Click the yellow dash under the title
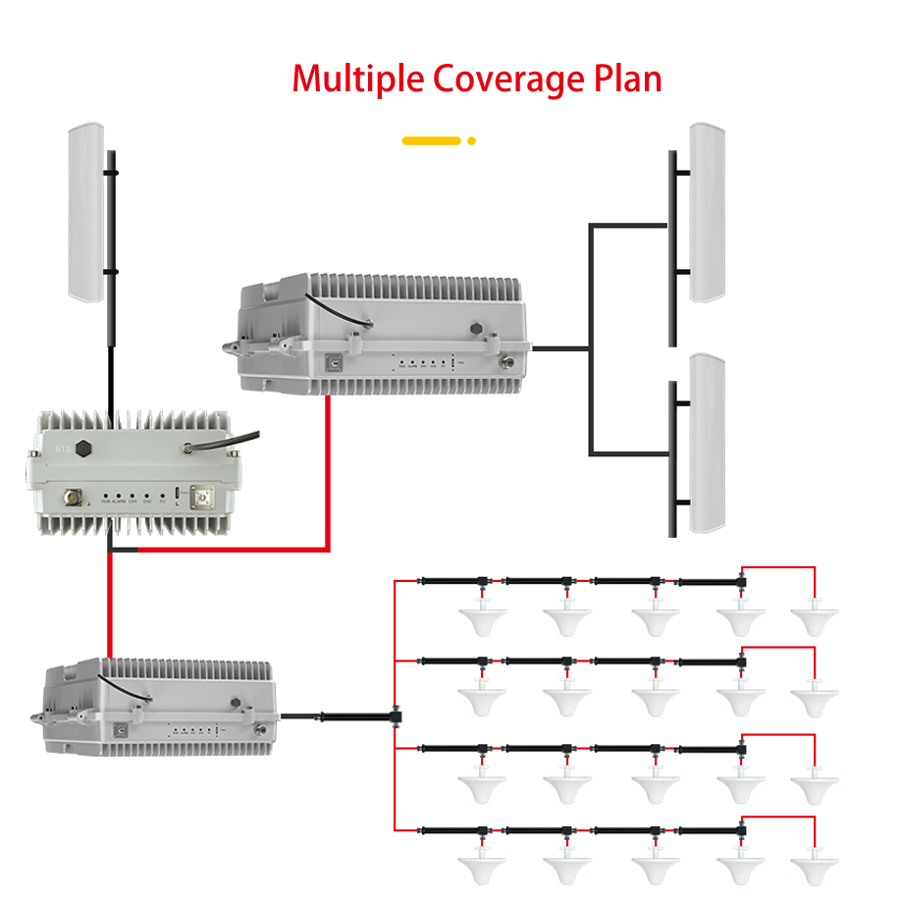tap(431, 140)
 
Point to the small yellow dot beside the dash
tap(471, 140)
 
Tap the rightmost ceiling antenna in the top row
tap(816, 618)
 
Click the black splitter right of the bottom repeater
tap(396, 716)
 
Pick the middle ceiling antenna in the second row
tap(654, 698)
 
